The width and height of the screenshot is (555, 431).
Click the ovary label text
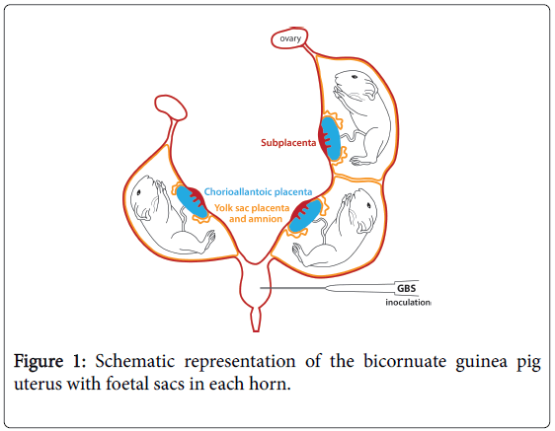tap(290, 38)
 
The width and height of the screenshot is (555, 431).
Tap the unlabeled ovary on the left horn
tap(170, 108)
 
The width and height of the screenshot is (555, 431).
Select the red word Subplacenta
tap(288, 143)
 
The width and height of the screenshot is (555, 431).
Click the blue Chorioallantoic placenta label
tap(258, 192)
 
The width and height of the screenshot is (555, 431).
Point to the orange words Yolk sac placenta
tap(252, 208)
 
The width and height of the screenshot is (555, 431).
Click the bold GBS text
tap(406, 289)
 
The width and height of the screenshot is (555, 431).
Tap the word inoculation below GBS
tap(408, 303)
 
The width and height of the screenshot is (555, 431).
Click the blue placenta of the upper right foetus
tap(332, 139)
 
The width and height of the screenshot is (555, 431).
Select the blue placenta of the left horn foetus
tap(191, 201)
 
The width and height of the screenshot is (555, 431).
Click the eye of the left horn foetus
tap(138, 192)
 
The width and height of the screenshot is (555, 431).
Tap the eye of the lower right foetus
tap(368, 206)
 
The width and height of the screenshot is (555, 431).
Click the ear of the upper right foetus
tap(370, 89)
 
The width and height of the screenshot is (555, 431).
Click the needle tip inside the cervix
tap(261, 288)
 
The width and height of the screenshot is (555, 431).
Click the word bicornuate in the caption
tap(406, 361)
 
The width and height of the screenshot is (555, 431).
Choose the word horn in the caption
tap(270, 384)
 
